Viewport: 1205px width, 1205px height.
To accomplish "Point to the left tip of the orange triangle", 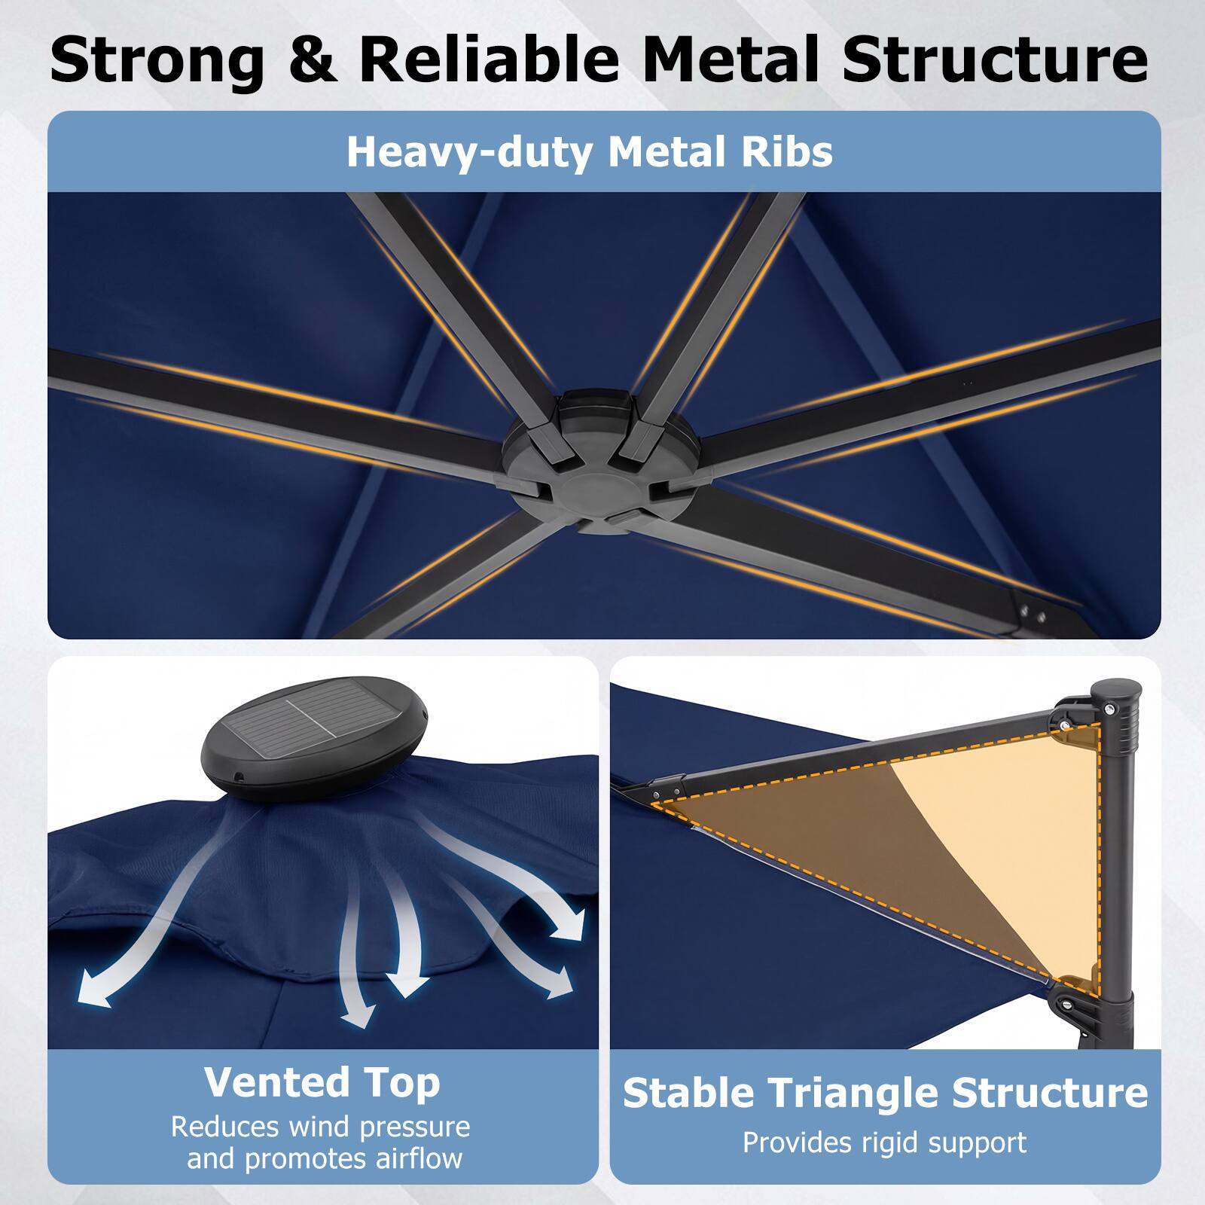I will pyautogui.click(x=655, y=803).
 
